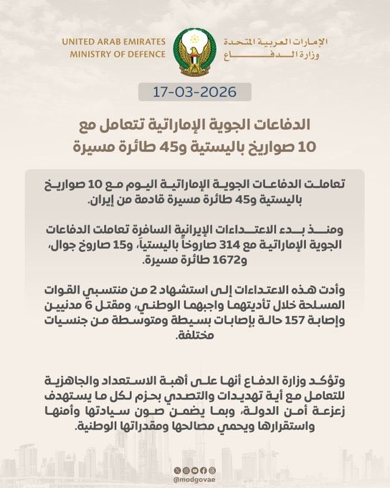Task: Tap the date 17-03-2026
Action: point(194,93)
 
